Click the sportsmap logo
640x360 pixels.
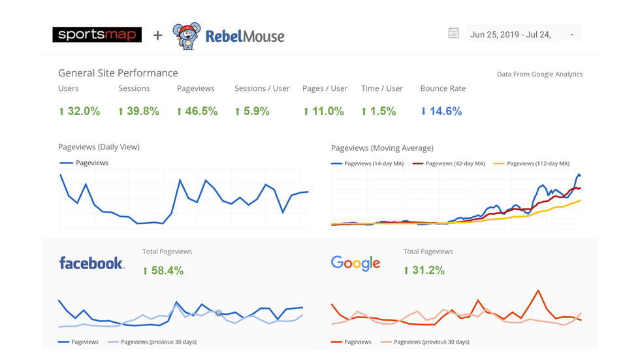tap(97, 34)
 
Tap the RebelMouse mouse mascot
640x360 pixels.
tap(185, 36)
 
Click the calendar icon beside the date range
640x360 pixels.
tap(453, 33)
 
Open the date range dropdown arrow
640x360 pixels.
tap(572, 35)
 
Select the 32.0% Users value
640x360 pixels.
tap(80, 111)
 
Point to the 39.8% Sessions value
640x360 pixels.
tap(138, 111)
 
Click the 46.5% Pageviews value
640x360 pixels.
tap(197, 111)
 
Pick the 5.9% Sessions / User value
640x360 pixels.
tap(252, 111)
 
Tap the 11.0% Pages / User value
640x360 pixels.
tap(323, 111)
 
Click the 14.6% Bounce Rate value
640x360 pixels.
tap(441, 111)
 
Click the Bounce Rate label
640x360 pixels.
tap(443, 88)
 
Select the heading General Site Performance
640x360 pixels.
tap(118, 73)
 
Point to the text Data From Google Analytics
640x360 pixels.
tap(539, 74)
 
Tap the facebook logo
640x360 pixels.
tap(91, 263)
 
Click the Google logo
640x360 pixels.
tap(355, 263)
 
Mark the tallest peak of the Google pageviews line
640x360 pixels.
tap(537, 291)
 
